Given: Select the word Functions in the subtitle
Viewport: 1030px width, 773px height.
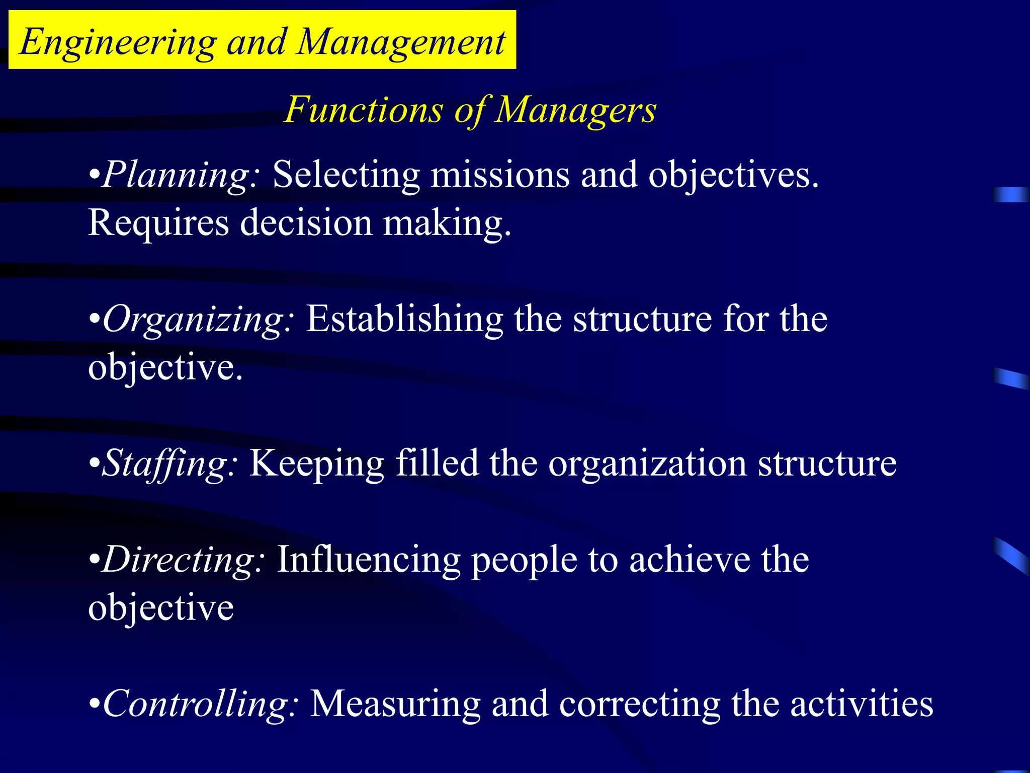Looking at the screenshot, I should click(364, 110).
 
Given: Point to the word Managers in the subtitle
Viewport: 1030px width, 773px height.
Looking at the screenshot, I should click(575, 110).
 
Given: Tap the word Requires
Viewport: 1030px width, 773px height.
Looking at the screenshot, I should click(158, 222).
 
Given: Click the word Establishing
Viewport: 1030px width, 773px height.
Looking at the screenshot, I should click(404, 319).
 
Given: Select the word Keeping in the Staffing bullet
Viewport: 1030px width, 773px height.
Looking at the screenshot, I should click(317, 464).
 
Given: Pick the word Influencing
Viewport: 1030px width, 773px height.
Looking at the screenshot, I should click(369, 560).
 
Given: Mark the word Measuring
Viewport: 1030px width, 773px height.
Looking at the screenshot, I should click(395, 704).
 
